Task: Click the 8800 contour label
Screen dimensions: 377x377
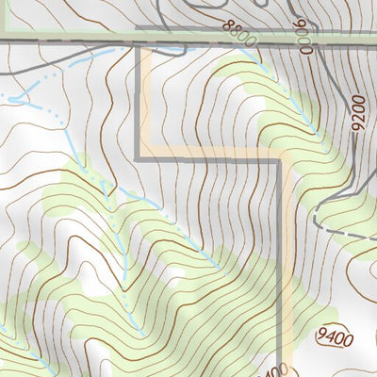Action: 241,35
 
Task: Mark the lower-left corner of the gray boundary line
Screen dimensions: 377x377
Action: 141,159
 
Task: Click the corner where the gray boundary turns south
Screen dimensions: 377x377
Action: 280,160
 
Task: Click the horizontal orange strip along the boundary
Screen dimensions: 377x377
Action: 212,152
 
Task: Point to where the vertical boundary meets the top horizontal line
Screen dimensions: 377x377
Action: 141,43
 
